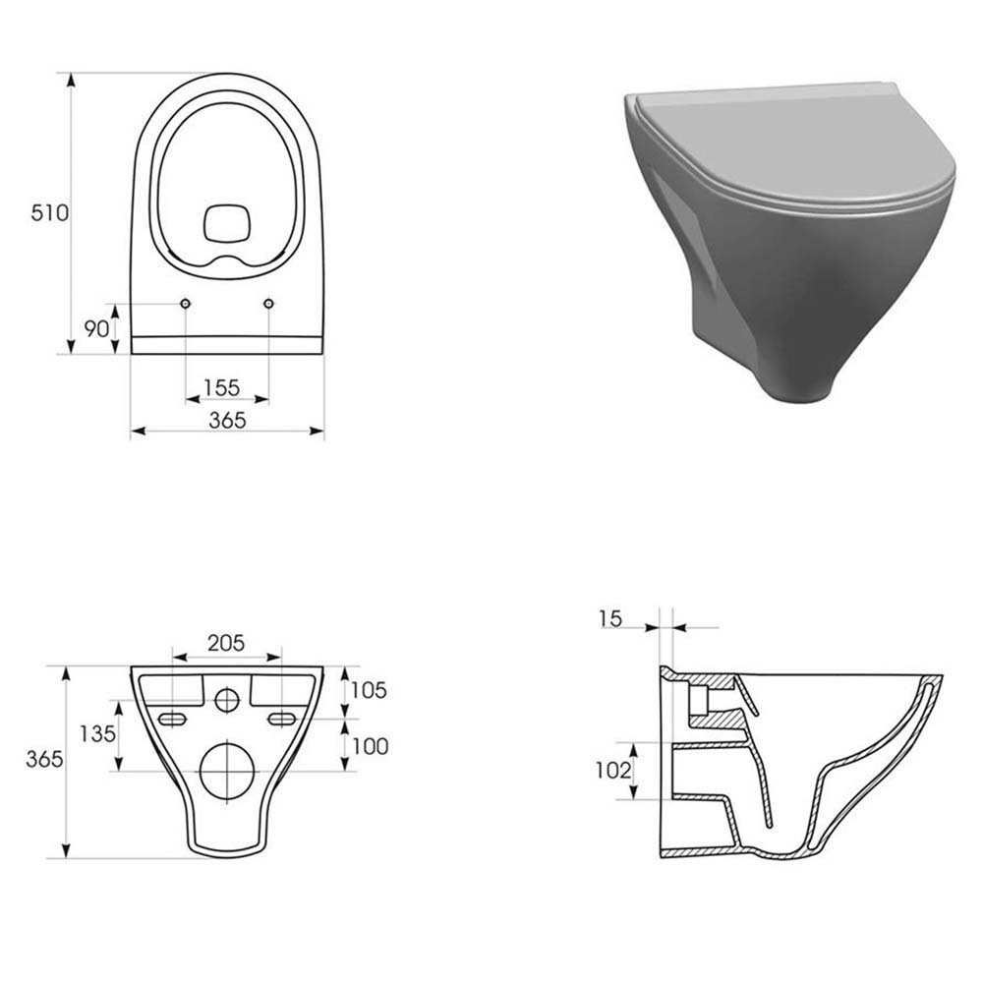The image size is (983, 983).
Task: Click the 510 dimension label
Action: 49,213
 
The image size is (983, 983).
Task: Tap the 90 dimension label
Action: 97,328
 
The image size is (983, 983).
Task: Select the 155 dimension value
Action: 222,388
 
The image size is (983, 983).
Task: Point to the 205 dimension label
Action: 226,643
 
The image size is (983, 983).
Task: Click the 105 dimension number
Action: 369,690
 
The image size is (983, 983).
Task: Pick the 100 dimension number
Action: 370,746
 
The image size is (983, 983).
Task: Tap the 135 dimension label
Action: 97,733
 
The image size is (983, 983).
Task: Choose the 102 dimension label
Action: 613,770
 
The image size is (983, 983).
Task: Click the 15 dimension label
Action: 610,619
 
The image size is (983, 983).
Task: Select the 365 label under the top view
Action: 228,420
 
